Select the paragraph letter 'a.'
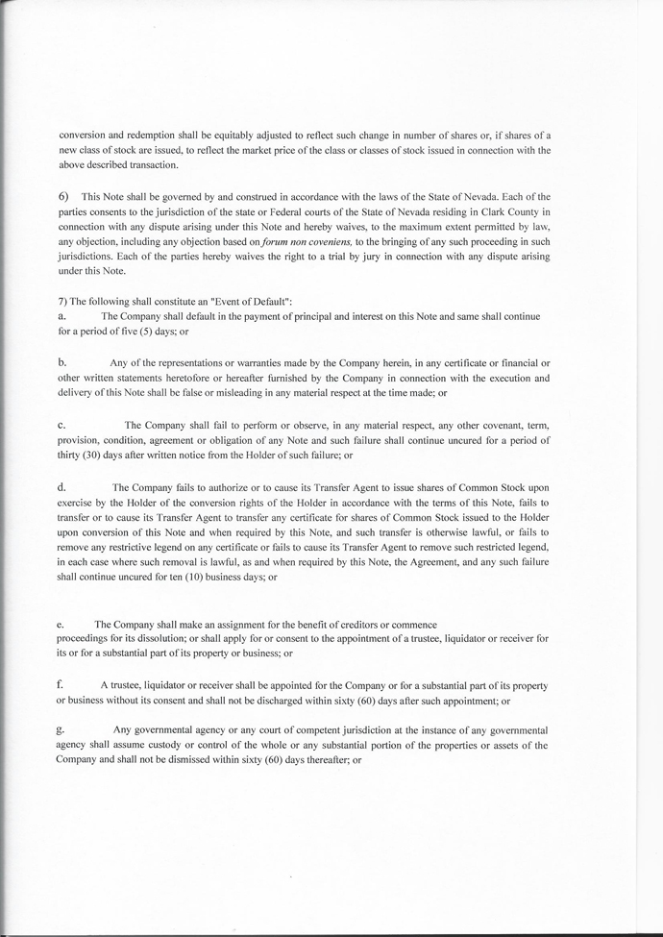click(61, 315)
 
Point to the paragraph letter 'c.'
click(61, 424)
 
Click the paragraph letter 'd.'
click(62, 486)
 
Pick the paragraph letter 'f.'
click(61, 683)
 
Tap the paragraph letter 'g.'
click(61, 730)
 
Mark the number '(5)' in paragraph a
click(147, 331)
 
